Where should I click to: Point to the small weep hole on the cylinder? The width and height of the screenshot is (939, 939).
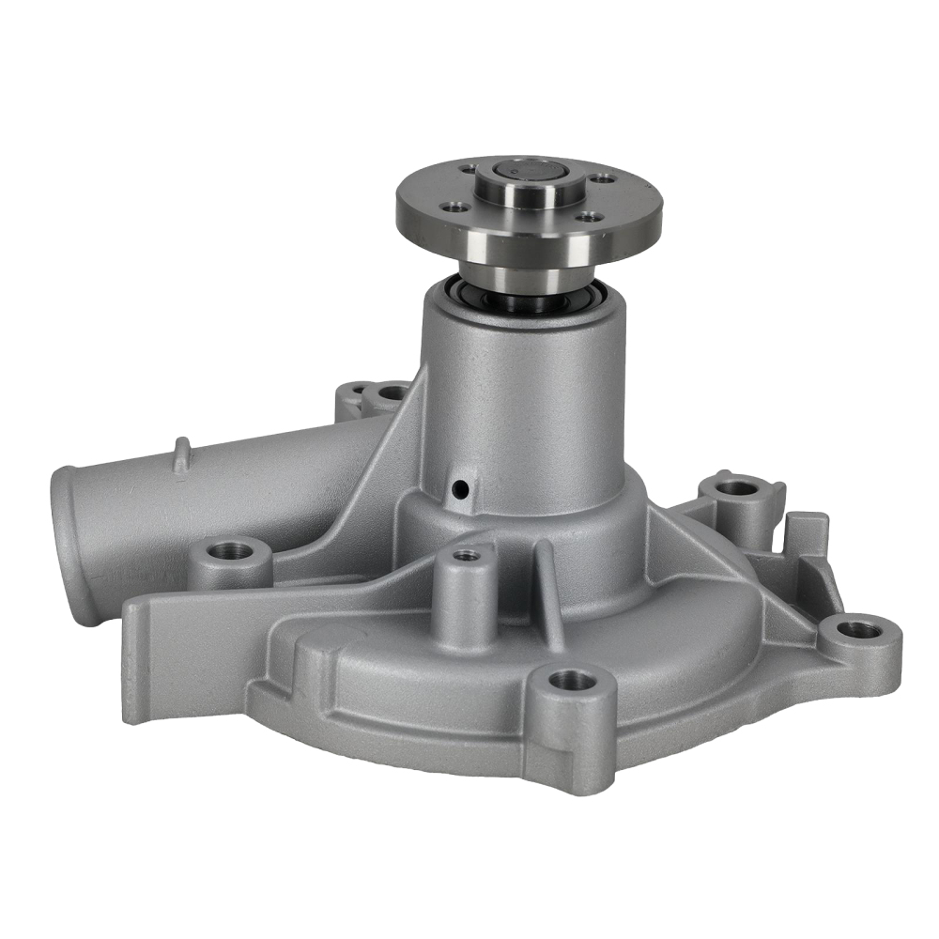point(459,489)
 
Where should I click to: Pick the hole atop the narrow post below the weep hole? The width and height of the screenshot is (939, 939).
point(467,556)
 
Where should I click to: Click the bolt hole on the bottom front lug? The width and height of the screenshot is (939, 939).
point(572,679)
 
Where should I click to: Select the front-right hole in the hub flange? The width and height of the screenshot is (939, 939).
point(589,217)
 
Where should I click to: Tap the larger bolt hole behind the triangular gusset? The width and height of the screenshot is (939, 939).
point(392,392)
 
